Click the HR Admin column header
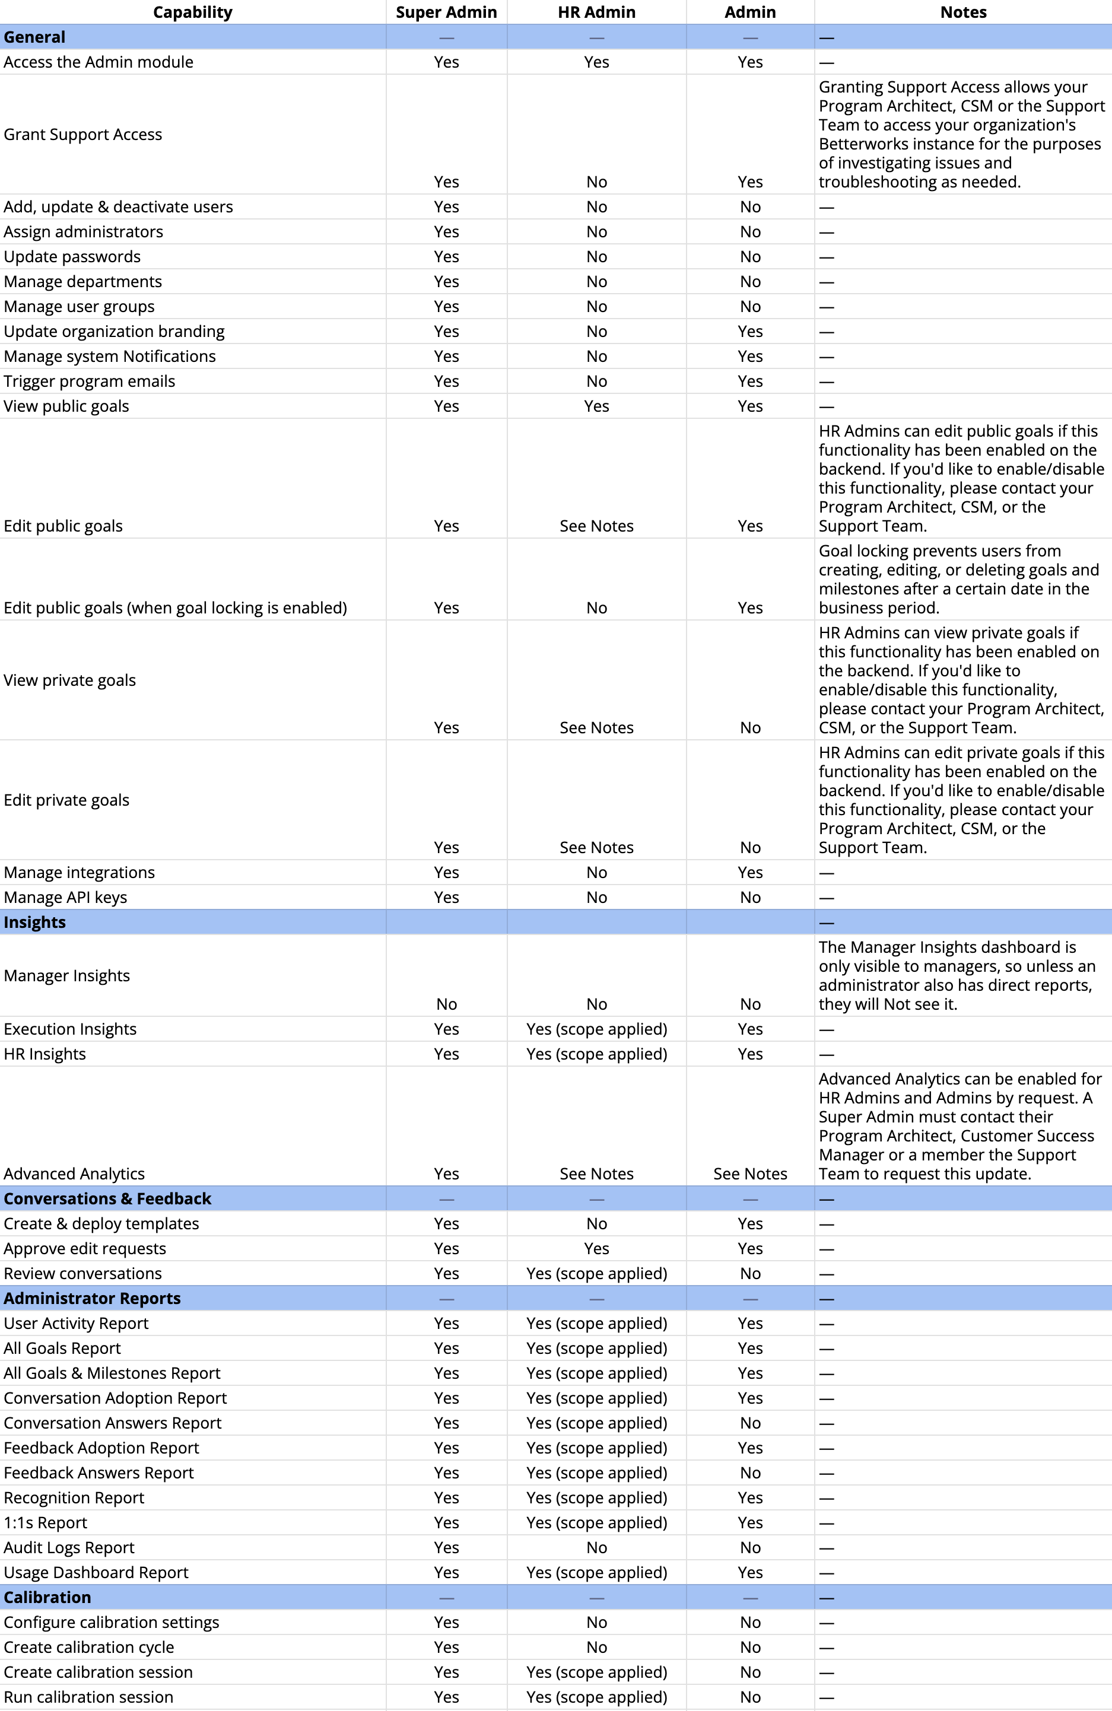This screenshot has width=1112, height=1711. (596, 12)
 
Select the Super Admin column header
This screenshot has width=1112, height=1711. (446, 12)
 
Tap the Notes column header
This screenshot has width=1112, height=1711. (962, 12)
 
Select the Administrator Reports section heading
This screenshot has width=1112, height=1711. (92, 1297)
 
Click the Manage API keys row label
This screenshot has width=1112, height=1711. (65, 896)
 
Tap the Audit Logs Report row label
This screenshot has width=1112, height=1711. (69, 1547)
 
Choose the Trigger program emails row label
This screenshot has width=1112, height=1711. (89, 381)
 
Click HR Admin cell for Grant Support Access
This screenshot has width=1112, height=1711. (596, 182)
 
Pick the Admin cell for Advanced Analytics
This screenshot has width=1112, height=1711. (749, 1173)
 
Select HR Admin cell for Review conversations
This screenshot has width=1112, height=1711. (596, 1273)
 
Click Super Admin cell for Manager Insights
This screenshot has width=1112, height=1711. (446, 1004)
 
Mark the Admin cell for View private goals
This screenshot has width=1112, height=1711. (749, 727)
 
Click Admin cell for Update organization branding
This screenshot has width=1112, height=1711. (749, 332)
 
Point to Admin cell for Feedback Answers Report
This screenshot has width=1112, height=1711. (749, 1473)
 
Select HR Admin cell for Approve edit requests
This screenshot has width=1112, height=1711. (596, 1248)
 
